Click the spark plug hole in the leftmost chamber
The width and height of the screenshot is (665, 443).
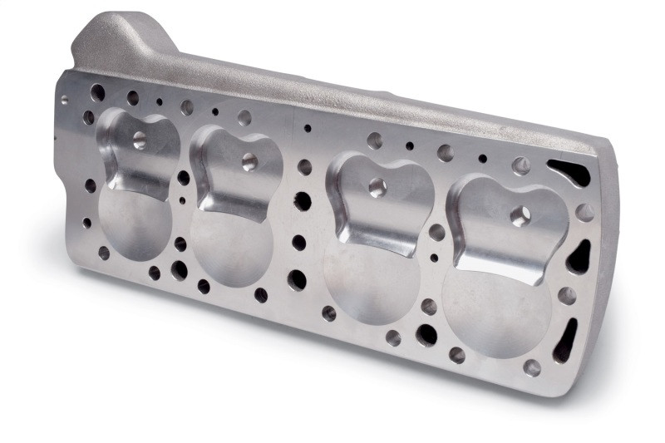click(139, 139)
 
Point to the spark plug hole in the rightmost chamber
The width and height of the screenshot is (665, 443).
click(521, 216)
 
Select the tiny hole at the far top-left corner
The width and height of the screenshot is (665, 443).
click(65, 99)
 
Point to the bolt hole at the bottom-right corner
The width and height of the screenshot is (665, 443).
click(532, 367)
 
